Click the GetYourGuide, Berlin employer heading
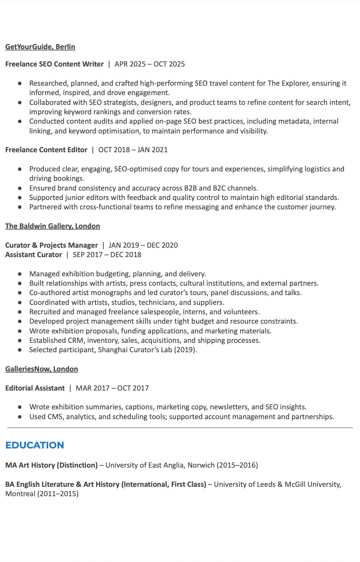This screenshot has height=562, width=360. point(40,47)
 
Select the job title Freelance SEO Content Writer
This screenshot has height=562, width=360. point(54,64)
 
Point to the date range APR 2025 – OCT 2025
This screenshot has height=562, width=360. point(150,64)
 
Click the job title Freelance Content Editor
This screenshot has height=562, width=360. point(46,150)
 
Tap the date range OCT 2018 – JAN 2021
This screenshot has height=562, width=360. point(133,150)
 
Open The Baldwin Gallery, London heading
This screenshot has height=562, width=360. point(53,226)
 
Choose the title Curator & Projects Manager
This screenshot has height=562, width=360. point(51,245)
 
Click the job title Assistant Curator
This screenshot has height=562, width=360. point(33,254)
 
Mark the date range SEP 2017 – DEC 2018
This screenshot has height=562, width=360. point(107,254)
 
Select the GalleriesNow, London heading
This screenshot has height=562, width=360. point(42,369)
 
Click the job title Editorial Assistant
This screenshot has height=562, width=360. point(35,388)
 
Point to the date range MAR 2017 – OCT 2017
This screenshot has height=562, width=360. point(112,388)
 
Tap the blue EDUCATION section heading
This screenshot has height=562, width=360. point(35,445)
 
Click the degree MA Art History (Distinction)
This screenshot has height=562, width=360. point(51,465)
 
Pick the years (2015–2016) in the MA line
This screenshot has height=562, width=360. point(237,465)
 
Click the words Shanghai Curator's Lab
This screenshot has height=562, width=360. point(135,350)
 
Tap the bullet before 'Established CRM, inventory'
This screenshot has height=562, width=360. point(20,340)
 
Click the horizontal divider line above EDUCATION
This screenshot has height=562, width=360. point(180,428)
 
